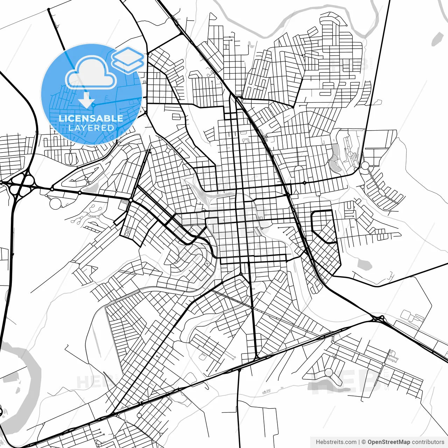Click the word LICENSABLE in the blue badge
(x=91, y=118)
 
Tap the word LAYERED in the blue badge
(x=91, y=128)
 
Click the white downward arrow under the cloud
(x=86, y=101)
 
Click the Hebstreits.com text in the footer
(x=336, y=442)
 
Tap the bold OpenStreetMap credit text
(x=388, y=442)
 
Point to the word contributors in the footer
(x=428, y=442)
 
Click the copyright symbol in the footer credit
(x=364, y=442)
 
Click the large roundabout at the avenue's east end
(x=365, y=166)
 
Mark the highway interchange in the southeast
(x=378, y=318)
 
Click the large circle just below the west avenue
(x=55, y=203)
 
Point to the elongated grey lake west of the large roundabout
(x=335, y=159)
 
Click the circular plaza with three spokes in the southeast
(x=329, y=372)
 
